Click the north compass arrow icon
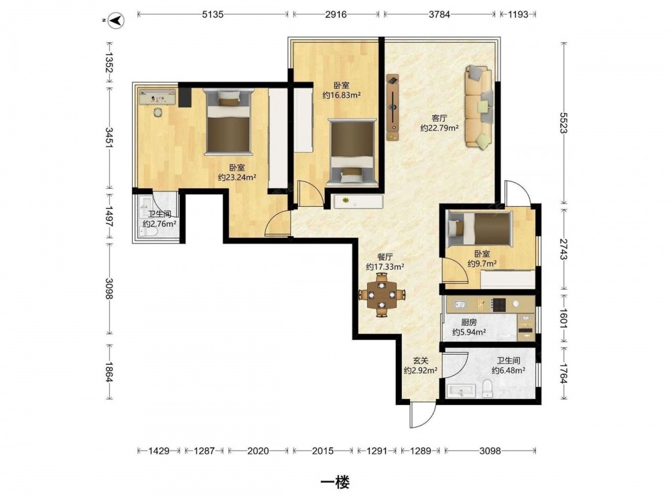click(115, 20)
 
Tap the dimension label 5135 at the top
click(213, 14)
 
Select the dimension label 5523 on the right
click(564, 123)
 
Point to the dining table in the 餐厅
click(382, 295)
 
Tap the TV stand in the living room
click(393, 107)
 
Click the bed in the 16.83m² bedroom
click(352, 153)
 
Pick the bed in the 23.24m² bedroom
click(228, 122)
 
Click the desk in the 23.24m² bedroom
click(157, 96)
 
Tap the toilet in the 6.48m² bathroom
click(488, 389)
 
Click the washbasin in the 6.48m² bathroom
click(461, 391)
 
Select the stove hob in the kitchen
click(498, 305)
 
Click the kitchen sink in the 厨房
click(460, 305)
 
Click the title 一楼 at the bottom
click(335, 483)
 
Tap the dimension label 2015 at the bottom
click(323, 450)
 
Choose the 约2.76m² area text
click(160, 224)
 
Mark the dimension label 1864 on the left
click(109, 372)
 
